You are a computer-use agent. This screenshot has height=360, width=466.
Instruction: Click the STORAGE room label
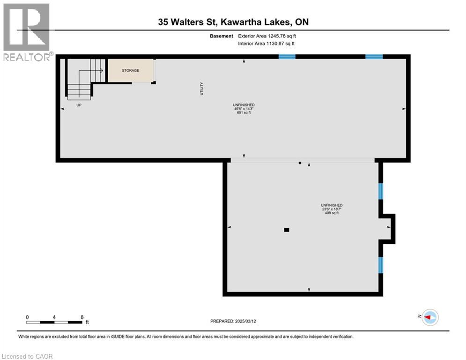131,70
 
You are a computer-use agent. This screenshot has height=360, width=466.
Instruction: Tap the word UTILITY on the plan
202,89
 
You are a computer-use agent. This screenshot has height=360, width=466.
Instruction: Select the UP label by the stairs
79,105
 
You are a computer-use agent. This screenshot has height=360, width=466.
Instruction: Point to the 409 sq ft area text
331,213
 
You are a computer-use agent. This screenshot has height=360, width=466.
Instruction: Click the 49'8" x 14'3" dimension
244,109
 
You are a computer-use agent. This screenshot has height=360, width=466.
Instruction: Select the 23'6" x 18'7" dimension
331,210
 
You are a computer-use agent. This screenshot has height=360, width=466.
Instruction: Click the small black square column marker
287,230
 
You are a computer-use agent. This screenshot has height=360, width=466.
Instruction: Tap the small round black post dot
300,163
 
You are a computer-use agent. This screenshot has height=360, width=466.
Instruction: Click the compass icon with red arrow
429,317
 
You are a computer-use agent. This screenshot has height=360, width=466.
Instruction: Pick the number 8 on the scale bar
82,317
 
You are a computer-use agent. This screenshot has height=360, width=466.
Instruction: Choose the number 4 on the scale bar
55,317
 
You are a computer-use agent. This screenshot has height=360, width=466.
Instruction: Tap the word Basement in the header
222,36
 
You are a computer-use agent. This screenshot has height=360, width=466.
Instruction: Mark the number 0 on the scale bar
28,317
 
